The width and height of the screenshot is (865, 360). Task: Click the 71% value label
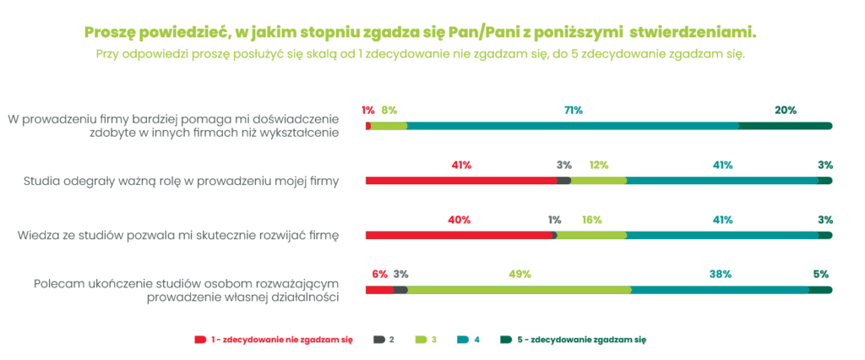(573, 110)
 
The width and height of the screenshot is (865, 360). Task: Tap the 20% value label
(786, 110)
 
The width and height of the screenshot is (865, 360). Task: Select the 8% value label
(389, 110)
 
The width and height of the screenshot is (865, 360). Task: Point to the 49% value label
(520, 274)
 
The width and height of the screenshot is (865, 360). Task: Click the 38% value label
(720, 274)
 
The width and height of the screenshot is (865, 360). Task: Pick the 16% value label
(591, 220)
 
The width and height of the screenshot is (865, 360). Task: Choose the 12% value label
(598, 165)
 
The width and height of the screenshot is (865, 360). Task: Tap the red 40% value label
(459, 220)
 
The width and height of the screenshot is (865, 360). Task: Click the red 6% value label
(379, 274)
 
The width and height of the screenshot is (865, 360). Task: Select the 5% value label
(820, 274)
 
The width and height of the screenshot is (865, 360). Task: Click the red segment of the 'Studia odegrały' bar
(461, 180)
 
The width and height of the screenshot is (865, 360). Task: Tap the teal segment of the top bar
(573, 126)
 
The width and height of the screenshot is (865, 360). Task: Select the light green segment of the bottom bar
(520, 290)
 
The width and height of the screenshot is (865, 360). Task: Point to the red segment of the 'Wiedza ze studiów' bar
(459, 235)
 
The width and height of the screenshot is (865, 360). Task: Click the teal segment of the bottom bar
(720, 290)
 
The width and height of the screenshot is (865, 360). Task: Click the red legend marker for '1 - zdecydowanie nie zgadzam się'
(200, 339)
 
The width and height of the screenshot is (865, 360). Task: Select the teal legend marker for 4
(463, 339)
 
